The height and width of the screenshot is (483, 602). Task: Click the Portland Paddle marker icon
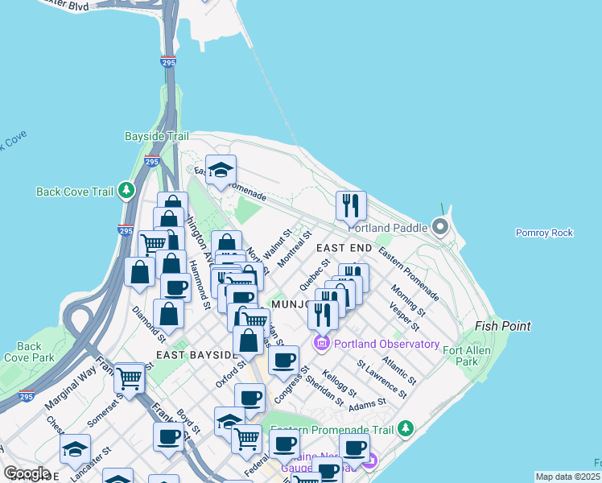coord(440,226)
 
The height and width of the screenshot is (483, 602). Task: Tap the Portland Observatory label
coord(386,345)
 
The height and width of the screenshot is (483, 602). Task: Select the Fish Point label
coord(502,326)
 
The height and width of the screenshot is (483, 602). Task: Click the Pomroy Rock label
coord(544,233)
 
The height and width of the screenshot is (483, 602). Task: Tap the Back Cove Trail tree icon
coord(126,191)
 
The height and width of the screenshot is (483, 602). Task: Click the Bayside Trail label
coord(156,137)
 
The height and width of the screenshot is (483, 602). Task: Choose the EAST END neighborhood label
coord(344,248)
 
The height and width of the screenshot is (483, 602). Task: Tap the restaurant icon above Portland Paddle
coord(351,206)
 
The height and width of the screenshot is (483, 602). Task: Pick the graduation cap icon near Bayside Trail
coord(221,170)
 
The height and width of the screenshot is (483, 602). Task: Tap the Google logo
coord(27,474)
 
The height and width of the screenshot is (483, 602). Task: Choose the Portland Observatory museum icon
coord(322,345)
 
